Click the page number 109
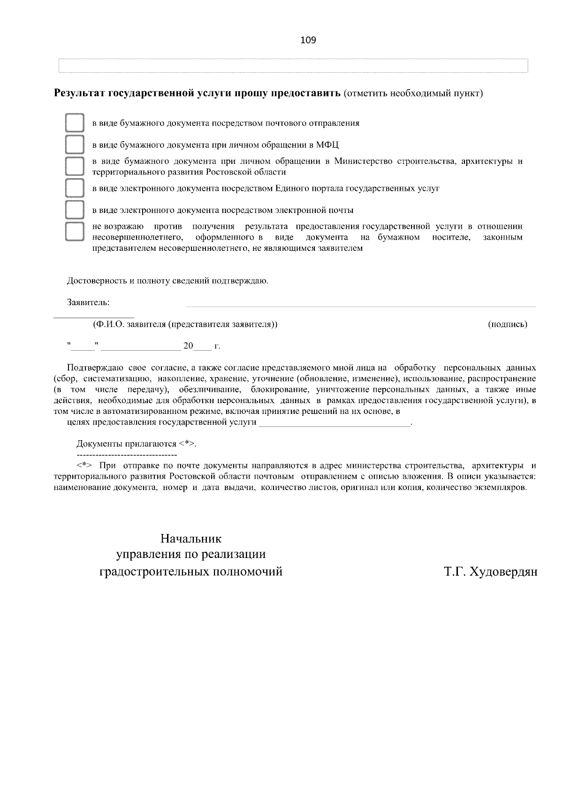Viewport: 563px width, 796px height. [308, 40]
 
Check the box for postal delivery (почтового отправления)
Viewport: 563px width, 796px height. [74, 123]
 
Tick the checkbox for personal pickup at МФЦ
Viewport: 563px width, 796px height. [74, 145]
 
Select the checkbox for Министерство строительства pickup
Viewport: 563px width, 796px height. [74, 166]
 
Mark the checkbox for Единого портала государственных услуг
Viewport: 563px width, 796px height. [74, 188]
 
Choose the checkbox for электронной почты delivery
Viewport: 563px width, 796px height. [74, 210]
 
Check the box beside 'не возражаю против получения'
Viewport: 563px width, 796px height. [74, 232]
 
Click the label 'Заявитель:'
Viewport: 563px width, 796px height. [88, 302]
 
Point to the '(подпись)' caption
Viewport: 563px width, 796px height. [508, 324]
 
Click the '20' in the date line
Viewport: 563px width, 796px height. [188, 346]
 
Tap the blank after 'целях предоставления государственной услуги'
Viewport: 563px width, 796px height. [335, 423]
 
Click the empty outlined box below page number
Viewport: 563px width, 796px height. [293, 66]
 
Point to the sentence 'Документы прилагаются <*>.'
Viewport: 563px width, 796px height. [136, 444]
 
